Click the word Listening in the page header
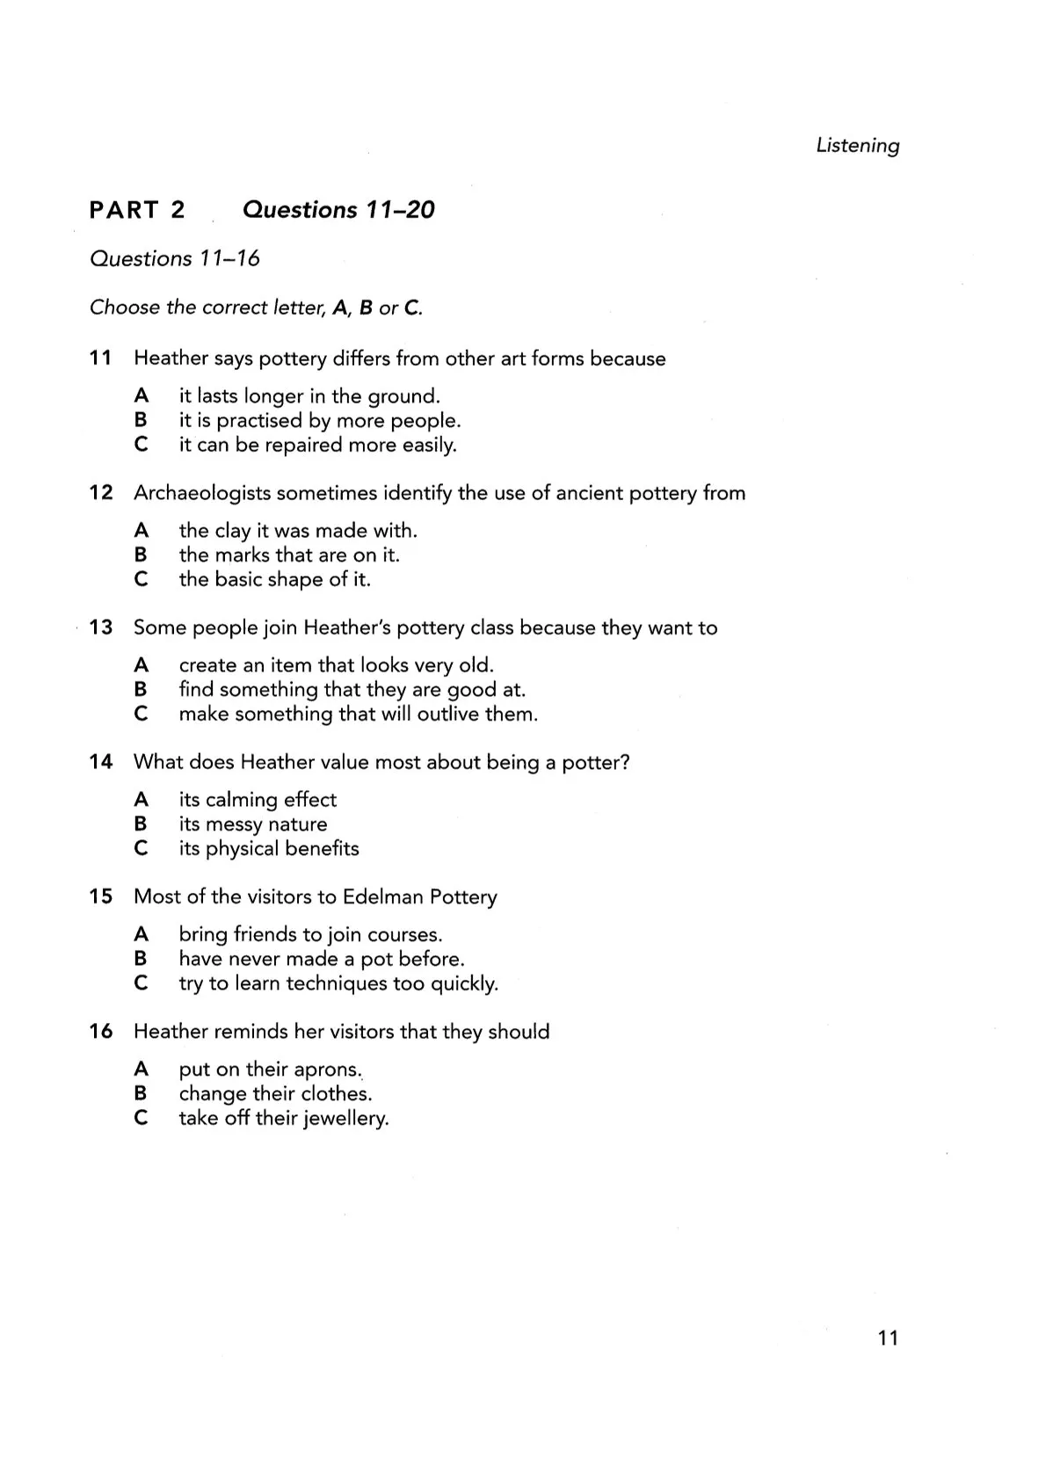[x=857, y=146]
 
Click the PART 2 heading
[x=137, y=210]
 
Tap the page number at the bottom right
[x=888, y=1338]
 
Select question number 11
[x=100, y=359]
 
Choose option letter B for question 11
[x=141, y=421]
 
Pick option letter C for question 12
[x=141, y=580]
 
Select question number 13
[x=101, y=628]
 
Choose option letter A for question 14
[x=141, y=800]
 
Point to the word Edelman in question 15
[x=381, y=897]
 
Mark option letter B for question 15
[x=141, y=959]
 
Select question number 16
[x=101, y=1032]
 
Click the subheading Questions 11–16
[x=175, y=259]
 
